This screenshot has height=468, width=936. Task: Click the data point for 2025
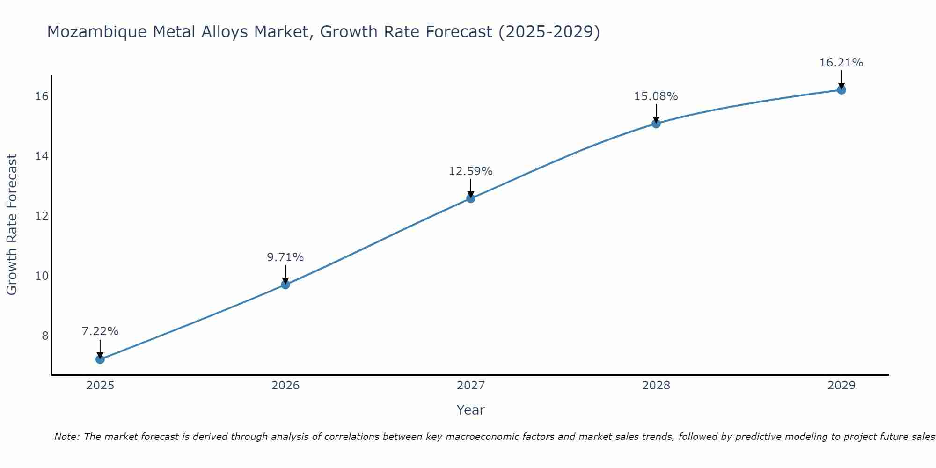point(100,359)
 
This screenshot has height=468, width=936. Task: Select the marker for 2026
point(285,285)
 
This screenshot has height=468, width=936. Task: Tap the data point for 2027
point(471,198)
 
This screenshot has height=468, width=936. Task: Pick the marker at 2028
point(656,124)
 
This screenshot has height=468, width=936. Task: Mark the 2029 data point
point(841,90)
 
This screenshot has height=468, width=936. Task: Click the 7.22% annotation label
point(100,331)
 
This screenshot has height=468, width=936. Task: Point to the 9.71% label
point(285,257)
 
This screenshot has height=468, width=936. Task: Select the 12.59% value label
point(471,171)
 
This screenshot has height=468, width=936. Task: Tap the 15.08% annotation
point(656,96)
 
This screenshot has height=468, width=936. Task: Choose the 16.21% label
point(841,63)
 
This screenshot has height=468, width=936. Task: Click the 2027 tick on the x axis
point(471,386)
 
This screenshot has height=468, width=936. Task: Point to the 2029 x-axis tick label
point(841,386)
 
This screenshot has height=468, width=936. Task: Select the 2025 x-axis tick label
point(100,386)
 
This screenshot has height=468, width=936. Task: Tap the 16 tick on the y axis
point(42,96)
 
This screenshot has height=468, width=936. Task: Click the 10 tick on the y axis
point(42,276)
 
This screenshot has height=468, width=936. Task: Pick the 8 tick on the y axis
point(45,336)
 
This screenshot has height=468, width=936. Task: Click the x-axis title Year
point(471,410)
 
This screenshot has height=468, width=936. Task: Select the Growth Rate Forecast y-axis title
point(12,225)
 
